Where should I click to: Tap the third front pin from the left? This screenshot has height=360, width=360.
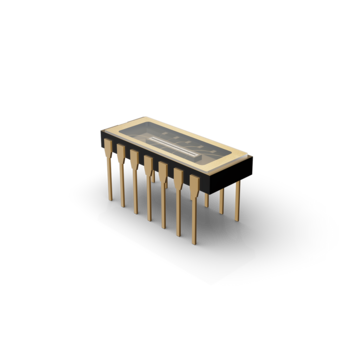click(134, 190)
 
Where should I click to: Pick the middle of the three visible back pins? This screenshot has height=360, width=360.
click(222, 199)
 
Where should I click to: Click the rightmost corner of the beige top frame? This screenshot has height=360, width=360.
click(249, 156)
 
